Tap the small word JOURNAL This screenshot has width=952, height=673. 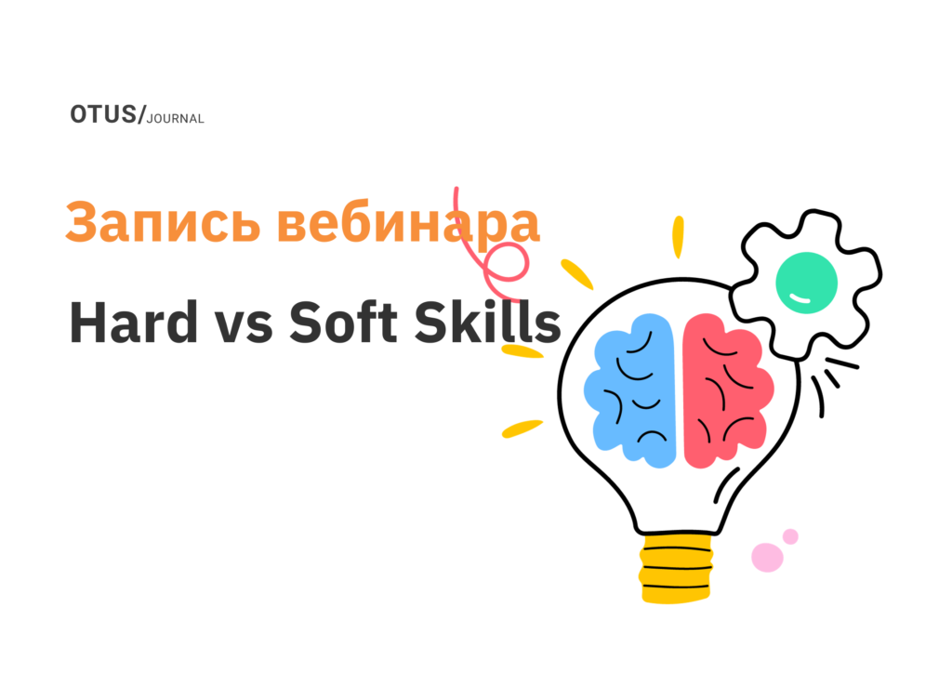coord(176,119)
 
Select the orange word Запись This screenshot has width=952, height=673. coord(162,223)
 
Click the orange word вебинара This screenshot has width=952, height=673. coord(408,223)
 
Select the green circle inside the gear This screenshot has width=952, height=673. coord(806,284)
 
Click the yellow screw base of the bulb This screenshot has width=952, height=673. coord(678,568)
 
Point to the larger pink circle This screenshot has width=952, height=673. coord(767,557)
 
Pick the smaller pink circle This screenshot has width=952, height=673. coord(790,536)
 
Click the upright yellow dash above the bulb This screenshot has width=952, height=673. coord(678,236)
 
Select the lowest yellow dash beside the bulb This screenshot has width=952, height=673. coord(522,429)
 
